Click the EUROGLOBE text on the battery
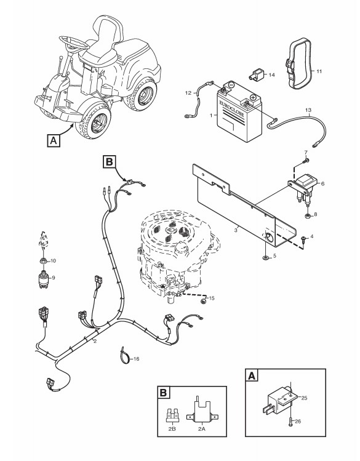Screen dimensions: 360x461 231,109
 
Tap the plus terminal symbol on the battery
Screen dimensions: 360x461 252,97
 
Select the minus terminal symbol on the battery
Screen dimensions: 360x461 231,86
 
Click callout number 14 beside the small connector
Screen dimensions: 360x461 271,75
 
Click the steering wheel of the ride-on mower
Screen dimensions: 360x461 74,43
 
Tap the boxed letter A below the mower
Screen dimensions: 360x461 53,140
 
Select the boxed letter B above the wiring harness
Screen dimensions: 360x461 110,162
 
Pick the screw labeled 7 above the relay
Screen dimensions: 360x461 306,161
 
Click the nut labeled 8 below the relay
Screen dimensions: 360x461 308,216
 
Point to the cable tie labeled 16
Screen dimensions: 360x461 124,355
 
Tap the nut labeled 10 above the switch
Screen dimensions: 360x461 43,260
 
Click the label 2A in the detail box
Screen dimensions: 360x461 201,429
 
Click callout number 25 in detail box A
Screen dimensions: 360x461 304,398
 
